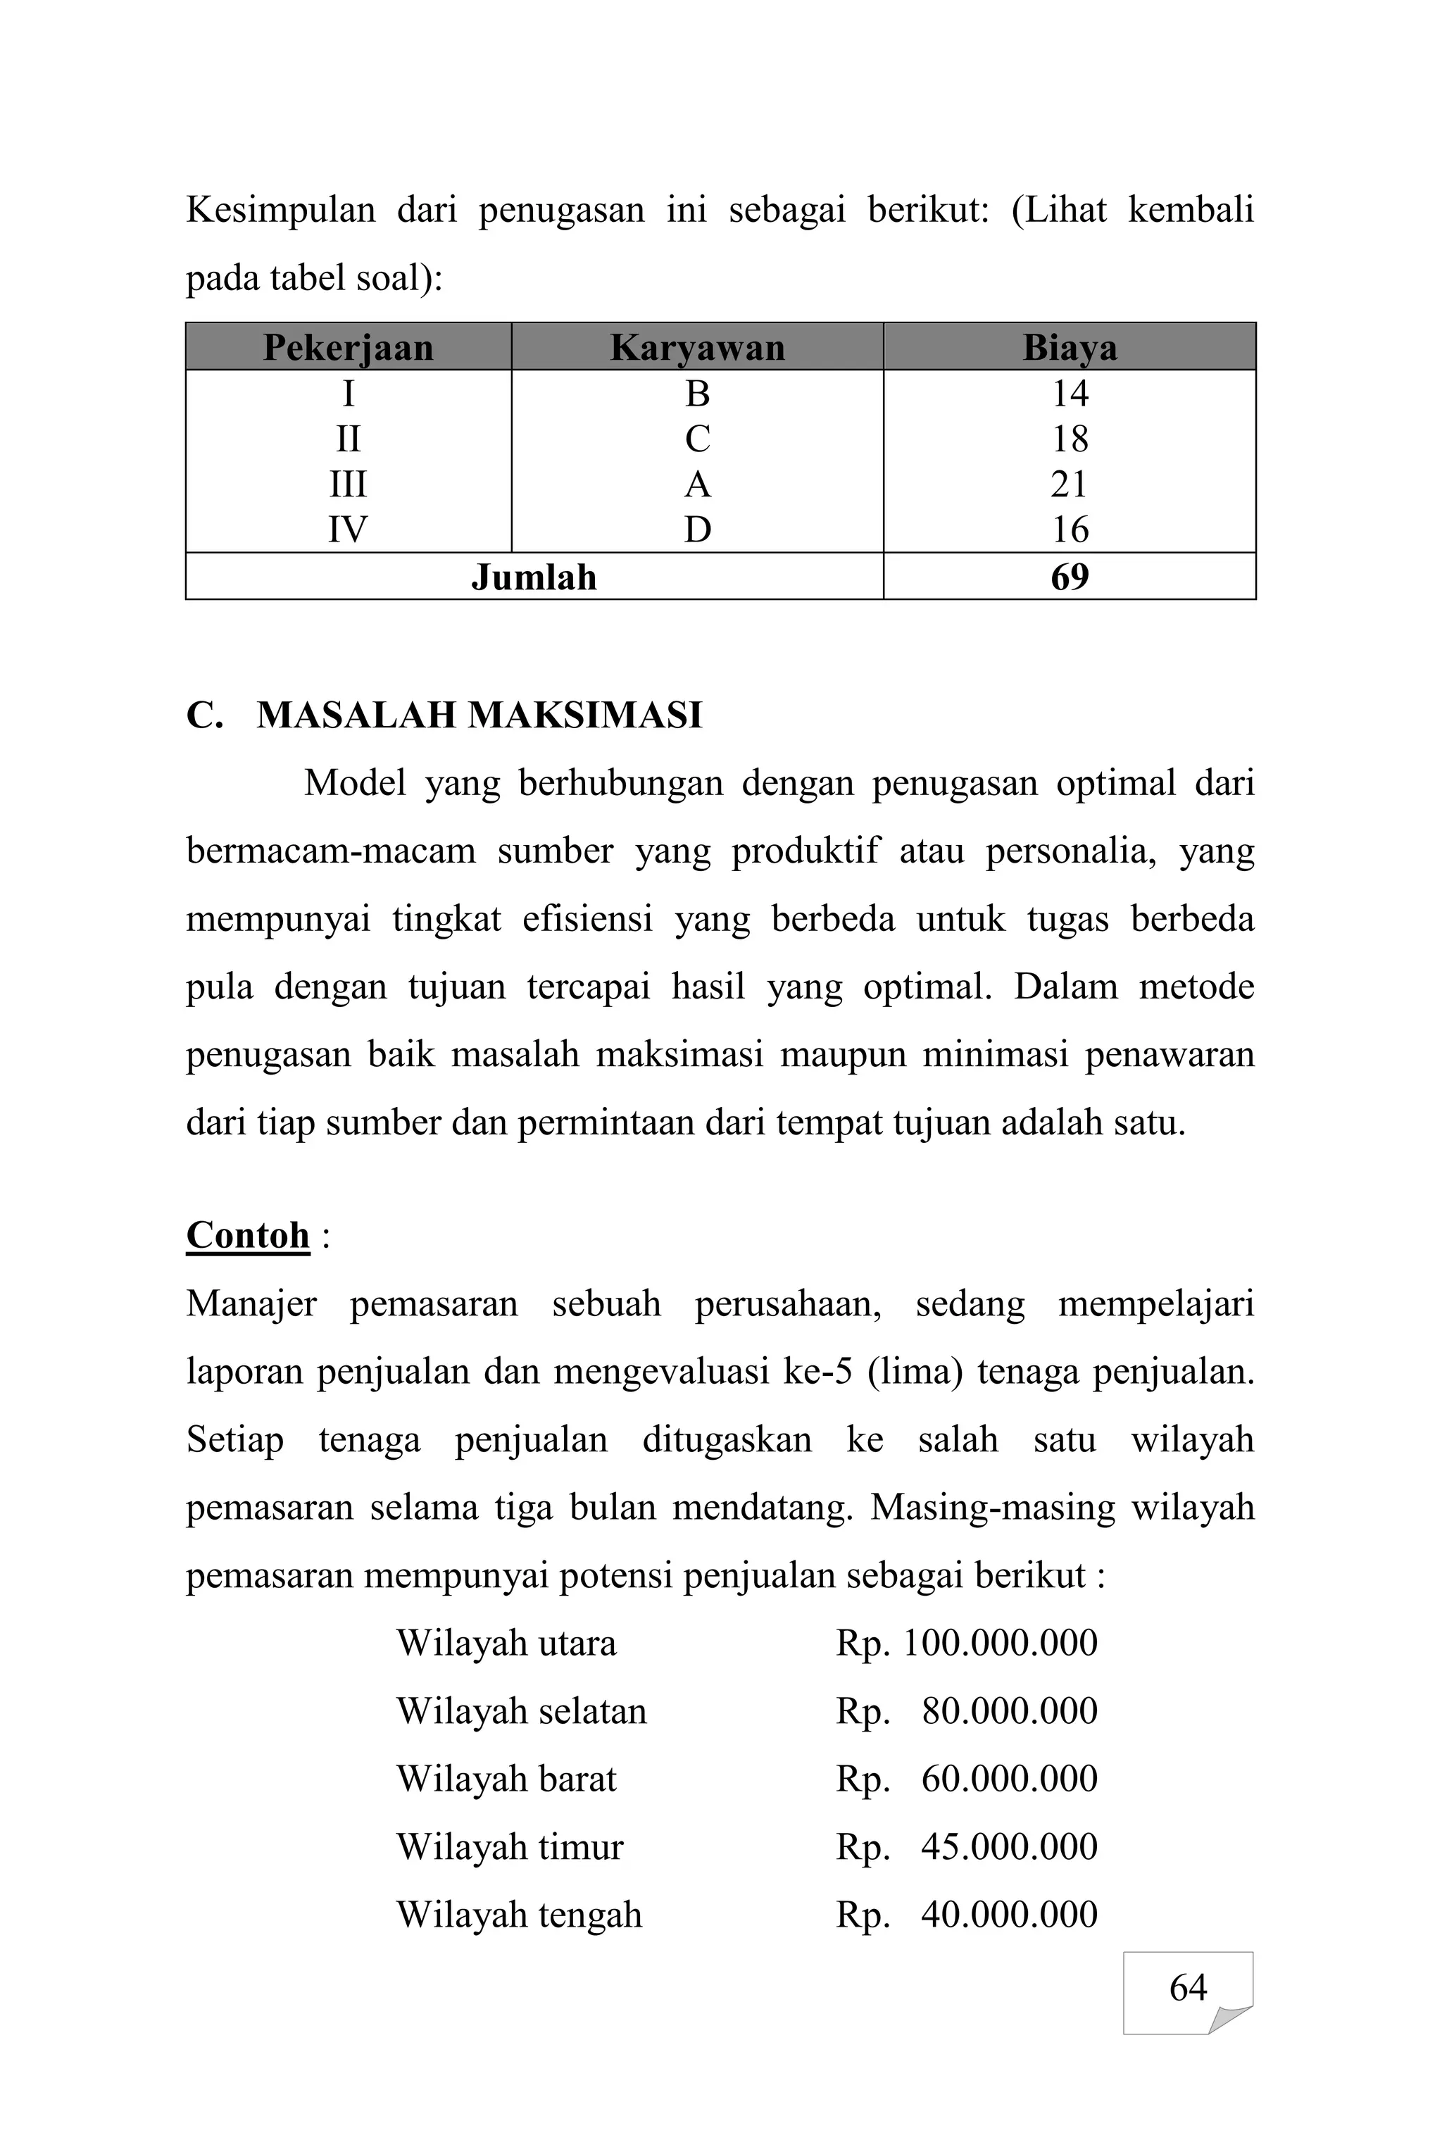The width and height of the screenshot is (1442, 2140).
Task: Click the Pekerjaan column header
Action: click(x=348, y=348)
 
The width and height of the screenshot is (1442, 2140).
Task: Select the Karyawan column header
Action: click(x=697, y=348)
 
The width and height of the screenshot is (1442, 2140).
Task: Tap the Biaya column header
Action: click(x=1070, y=348)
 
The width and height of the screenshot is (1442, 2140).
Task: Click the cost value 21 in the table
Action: click(x=1069, y=484)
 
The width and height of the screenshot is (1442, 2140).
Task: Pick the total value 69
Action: click(x=1070, y=577)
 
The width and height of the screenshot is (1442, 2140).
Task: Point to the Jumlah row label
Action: click(x=534, y=577)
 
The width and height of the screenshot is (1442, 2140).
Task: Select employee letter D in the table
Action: click(x=697, y=530)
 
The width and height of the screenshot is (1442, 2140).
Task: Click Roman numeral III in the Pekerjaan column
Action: click(x=348, y=484)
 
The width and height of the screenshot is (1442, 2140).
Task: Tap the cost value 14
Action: click(x=1070, y=394)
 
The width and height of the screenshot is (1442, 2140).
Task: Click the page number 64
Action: click(x=1187, y=1987)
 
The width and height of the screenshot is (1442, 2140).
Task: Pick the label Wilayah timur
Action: click(x=510, y=1846)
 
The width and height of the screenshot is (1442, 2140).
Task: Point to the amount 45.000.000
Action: click(x=1009, y=1846)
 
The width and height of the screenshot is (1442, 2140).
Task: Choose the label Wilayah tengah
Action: click(x=519, y=1915)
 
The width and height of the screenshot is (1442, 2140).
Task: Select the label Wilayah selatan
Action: click(x=522, y=1710)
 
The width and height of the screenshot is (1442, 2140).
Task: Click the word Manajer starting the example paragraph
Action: click(x=251, y=1304)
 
